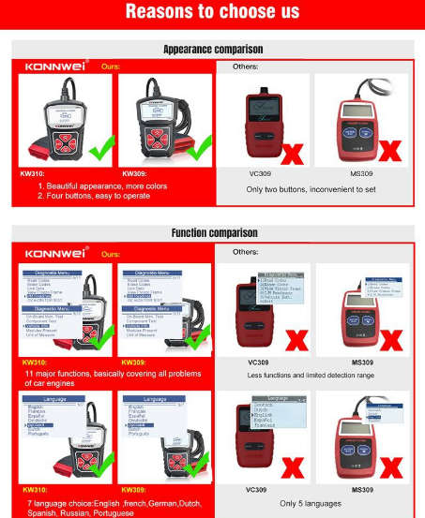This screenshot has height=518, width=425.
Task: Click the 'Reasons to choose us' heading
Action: click(x=212, y=12)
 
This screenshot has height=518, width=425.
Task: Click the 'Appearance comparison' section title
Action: click(x=213, y=49)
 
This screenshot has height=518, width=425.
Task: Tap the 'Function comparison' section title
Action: click(x=213, y=232)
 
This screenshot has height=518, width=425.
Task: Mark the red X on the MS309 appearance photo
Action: click(x=388, y=151)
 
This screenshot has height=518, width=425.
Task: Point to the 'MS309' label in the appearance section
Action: click(x=361, y=173)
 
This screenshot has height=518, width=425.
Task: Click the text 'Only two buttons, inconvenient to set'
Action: click(x=311, y=189)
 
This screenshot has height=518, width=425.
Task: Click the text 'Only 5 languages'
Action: click(x=311, y=502)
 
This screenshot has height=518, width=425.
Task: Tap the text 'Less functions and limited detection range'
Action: click(x=311, y=375)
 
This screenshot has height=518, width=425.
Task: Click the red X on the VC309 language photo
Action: click(x=291, y=465)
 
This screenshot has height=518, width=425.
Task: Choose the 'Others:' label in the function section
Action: click(x=245, y=252)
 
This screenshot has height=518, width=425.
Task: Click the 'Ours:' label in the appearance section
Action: click(x=111, y=67)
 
